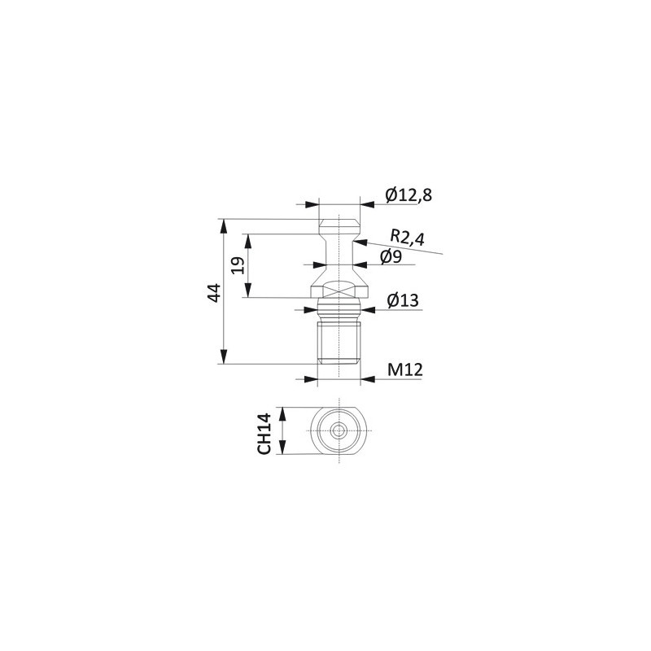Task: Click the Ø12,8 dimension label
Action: point(409,195)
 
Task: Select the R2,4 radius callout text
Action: point(408,238)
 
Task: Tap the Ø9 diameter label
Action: point(391,257)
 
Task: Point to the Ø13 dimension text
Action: point(403,299)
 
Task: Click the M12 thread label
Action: point(404,369)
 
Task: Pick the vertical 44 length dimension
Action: point(214,293)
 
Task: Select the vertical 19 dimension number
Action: point(238,265)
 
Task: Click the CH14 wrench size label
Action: point(264,434)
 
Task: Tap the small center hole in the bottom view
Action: point(339,431)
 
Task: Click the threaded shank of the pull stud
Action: point(339,340)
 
